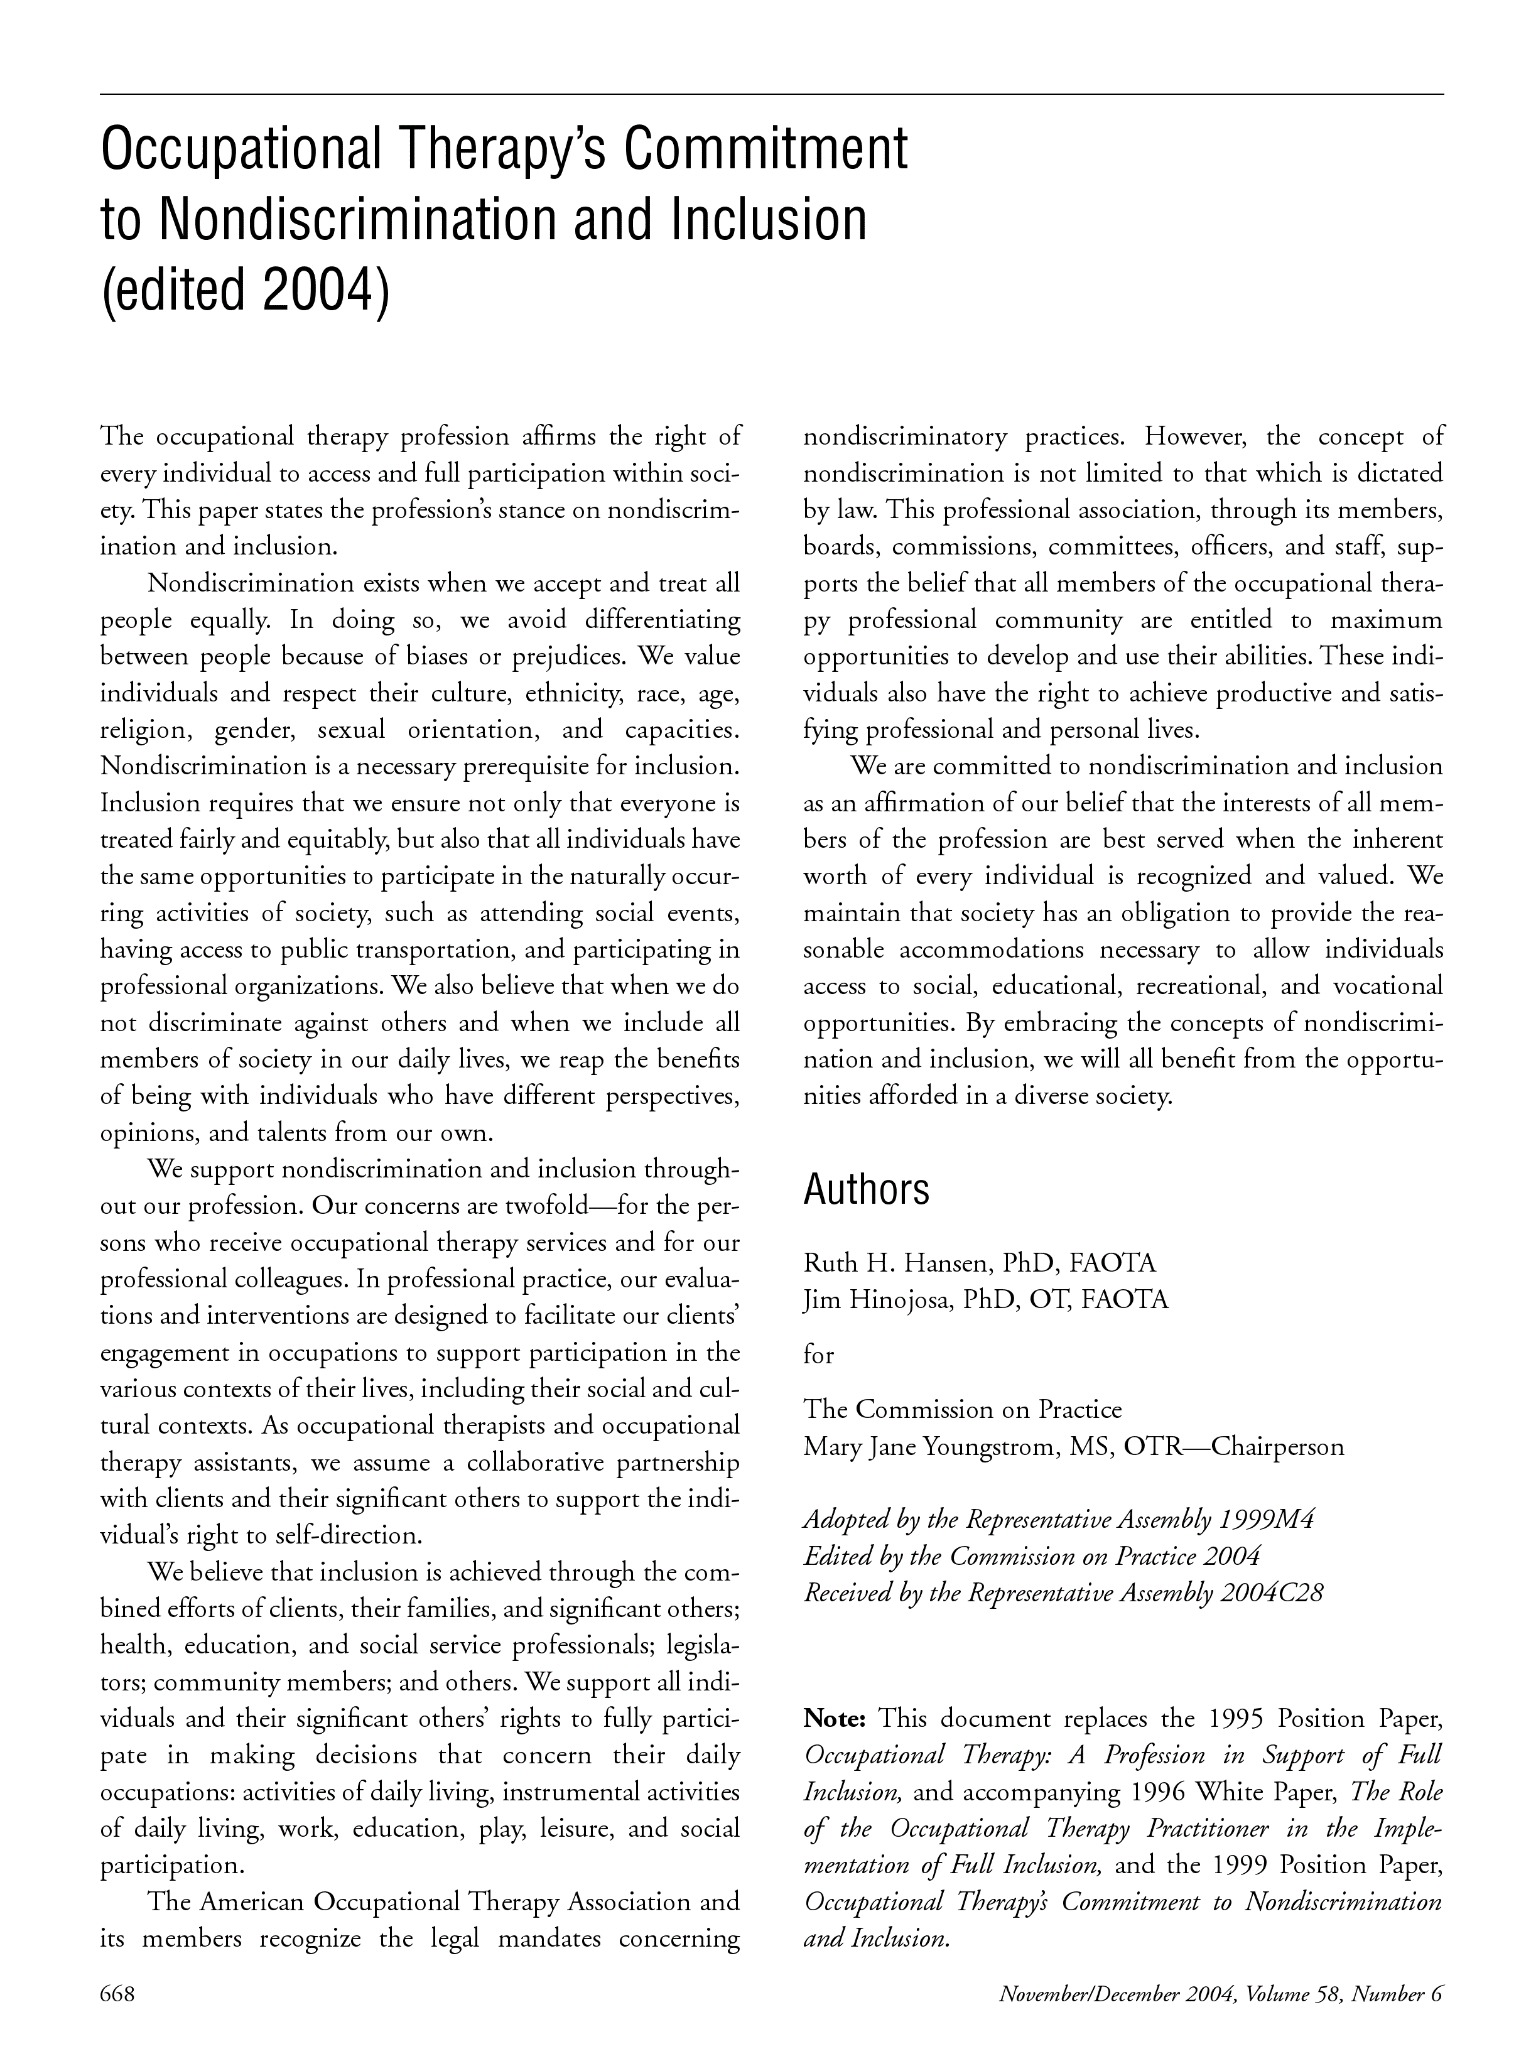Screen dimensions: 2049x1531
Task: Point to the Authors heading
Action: point(865,1189)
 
